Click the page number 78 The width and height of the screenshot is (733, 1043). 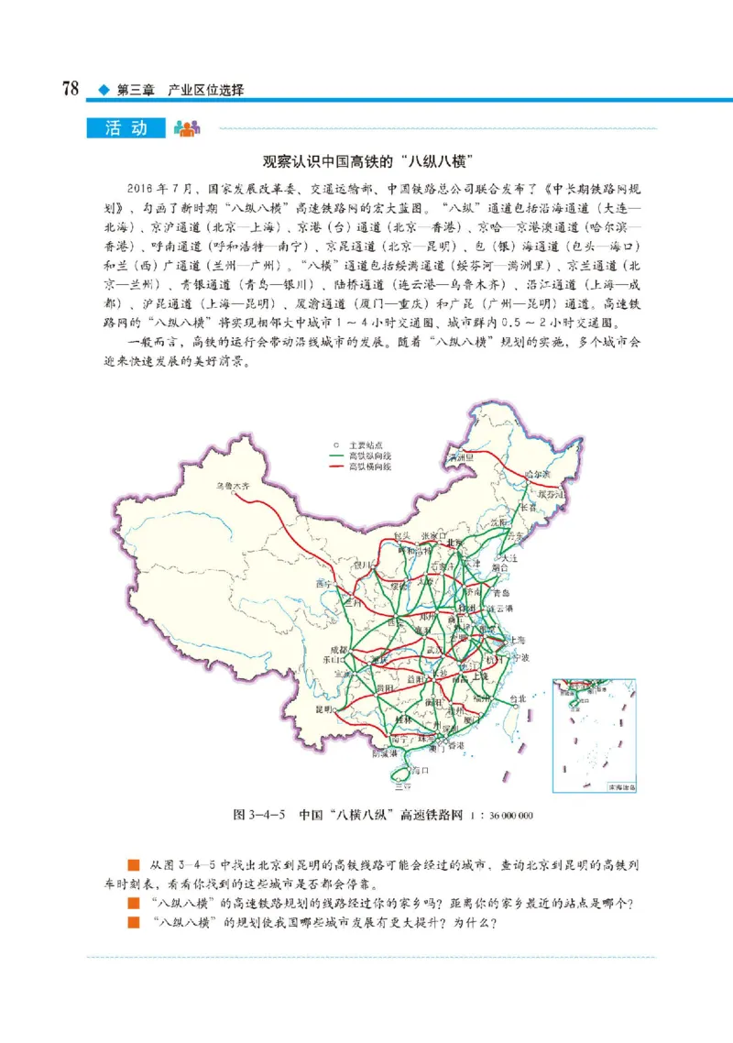click(x=70, y=90)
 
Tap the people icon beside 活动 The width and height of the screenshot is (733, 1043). click(x=186, y=128)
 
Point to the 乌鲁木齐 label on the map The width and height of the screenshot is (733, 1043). click(x=231, y=487)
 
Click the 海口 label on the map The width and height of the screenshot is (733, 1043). click(x=421, y=772)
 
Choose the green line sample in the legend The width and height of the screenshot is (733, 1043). click(x=336, y=455)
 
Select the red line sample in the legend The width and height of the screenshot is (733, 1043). click(x=336, y=467)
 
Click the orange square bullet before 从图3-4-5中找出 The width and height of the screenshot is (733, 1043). click(x=133, y=864)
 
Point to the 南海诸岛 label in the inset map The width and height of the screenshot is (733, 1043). click(x=620, y=786)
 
